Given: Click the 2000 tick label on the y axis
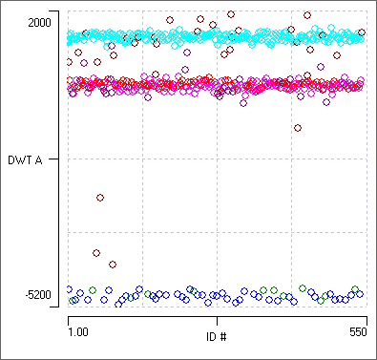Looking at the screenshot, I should (41, 21).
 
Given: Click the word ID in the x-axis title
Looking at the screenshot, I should (211, 336).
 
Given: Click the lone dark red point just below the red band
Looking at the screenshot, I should (298, 127).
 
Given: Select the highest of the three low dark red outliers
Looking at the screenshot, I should (100, 198).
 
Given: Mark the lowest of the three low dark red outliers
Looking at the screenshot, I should (113, 265).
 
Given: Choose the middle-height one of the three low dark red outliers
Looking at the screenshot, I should (96, 253).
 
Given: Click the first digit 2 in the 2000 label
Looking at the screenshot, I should (30, 21).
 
